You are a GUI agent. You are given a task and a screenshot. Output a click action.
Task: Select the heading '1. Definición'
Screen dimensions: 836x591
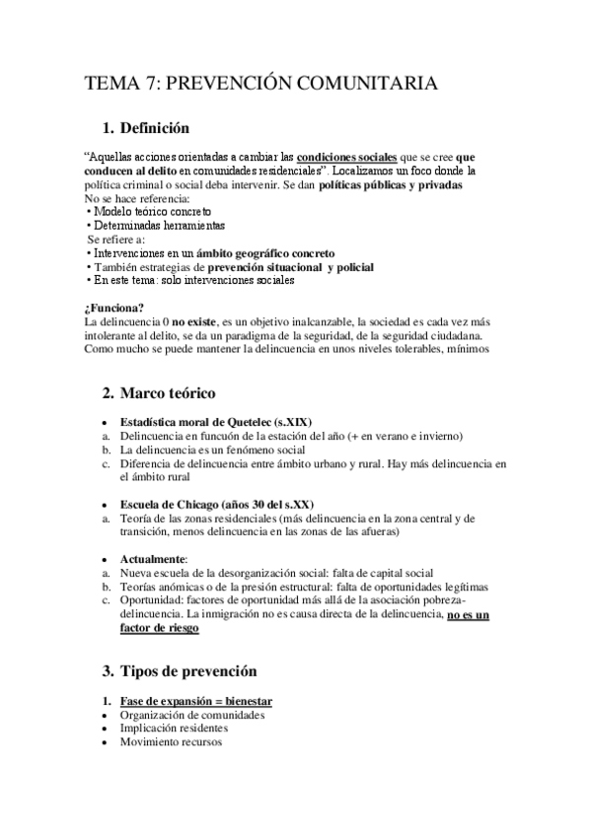click(161, 128)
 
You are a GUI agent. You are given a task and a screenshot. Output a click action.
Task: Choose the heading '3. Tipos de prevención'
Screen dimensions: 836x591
click(188, 671)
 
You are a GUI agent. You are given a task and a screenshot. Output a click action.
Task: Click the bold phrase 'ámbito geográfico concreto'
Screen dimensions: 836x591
click(264, 252)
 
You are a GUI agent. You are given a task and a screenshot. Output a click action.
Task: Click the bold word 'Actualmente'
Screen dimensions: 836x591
click(159, 557)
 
